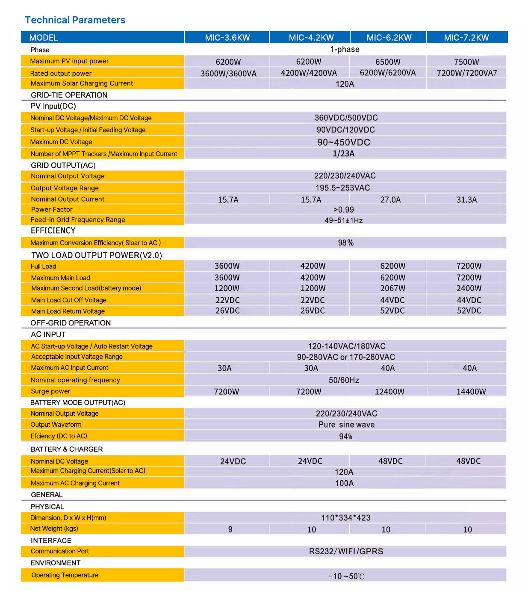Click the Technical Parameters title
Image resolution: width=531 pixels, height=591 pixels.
click(75, 20)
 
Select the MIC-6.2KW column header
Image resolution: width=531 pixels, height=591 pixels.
click(389, 38)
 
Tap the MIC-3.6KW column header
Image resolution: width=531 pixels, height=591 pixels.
click(227, 38)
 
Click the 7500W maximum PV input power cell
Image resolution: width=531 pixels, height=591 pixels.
click(466, 62)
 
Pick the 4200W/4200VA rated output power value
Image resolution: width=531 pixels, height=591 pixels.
click(309, 73)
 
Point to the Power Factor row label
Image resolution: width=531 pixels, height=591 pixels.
click(52, 210)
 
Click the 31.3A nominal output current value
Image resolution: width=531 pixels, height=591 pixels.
click(466, 200)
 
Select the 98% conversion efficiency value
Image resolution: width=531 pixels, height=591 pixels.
click(345, 243)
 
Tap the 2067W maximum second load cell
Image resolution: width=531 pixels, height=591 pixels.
click(392, 289)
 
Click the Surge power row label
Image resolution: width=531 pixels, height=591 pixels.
click(50, 391)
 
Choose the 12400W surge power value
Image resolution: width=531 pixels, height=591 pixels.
click(389, 392)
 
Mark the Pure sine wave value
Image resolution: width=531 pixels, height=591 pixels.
click(346, 425)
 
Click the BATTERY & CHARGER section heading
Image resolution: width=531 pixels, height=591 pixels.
click(67, 449)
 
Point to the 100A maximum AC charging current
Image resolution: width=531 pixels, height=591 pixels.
click(344, 483)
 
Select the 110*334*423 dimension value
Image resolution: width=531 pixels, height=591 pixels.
click(345, 518)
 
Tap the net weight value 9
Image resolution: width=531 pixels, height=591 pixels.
click(230, 529)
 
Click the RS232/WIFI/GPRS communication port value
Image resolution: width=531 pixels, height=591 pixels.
click(346, 551)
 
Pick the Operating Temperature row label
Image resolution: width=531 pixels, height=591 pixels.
click(65, 575)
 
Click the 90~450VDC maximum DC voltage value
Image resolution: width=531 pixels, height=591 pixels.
click(343, 142)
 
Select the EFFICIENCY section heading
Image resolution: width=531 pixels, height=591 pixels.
click(53, 231)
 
